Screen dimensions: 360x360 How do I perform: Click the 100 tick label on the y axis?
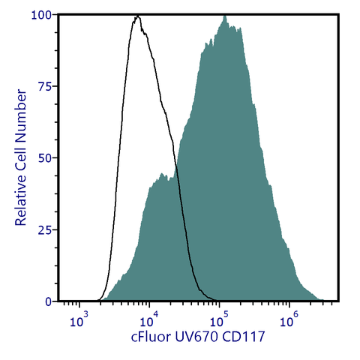click(41, 15)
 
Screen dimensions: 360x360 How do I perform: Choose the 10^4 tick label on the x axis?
click(148, 321)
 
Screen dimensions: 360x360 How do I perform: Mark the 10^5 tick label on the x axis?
click(219, 321)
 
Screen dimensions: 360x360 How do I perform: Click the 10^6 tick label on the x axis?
click(289, 321)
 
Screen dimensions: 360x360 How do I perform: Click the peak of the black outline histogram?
click(137, 16)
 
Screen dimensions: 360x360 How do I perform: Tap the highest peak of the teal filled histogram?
click(225, 16)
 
